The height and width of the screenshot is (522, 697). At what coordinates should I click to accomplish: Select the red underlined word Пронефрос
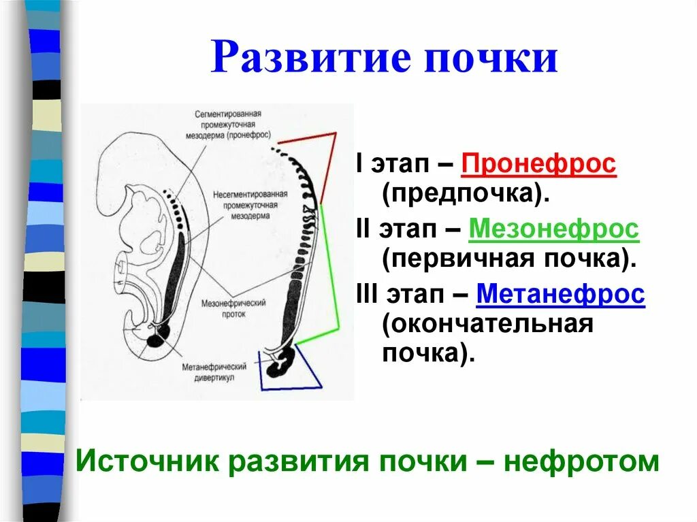pyautogui.click(x=538, y=166)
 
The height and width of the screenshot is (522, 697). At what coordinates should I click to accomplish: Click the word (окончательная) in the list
pyautogui.click(x=487, y=324)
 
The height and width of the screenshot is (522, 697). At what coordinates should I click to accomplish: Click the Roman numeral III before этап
pyautogui.click(x=368, y=295)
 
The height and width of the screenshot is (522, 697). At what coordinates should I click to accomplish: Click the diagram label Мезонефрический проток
pyautogui.click(x=233, y=308)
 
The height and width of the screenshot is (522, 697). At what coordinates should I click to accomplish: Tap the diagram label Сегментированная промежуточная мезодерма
pyautogui.click(x=227, y=125)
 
